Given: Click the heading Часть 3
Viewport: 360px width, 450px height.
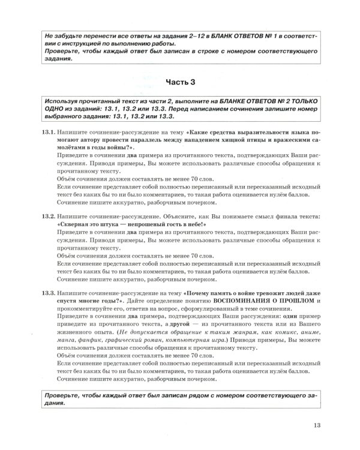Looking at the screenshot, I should (179, 80).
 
